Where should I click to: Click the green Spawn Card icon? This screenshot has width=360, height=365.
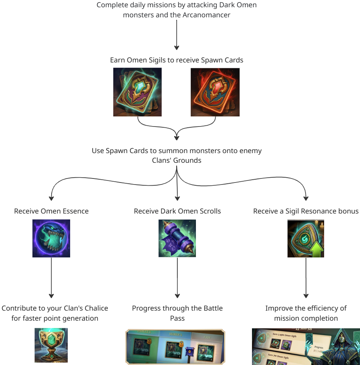click(x=137, y=92)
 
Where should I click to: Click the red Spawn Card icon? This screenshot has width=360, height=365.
click(x=215, y=92)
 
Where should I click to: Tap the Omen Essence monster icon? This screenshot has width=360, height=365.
click(x=51, y=238)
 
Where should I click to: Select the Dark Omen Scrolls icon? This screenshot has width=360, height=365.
click(x=177, y=238)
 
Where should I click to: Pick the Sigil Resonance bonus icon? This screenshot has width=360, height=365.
click(x=306, y=238)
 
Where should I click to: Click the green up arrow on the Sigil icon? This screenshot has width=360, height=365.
click(x=316, y=250)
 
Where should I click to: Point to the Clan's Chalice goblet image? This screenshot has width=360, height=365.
click(x=51, y=345)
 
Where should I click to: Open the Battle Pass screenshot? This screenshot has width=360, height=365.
click(x=175, y=346)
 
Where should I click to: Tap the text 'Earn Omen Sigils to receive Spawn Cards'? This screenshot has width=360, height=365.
click(x=177, y=60)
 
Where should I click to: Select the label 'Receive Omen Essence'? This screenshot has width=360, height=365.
click(x=51, y=211)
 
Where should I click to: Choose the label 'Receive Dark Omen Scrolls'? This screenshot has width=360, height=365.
click(x=177, y=211)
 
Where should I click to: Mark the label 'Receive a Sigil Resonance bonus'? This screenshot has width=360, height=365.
click(x=306, y=211)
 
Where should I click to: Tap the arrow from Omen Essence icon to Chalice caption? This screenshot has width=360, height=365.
click(x=51, y=278)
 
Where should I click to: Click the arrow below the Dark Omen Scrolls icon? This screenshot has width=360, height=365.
click(x=177, y=278)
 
